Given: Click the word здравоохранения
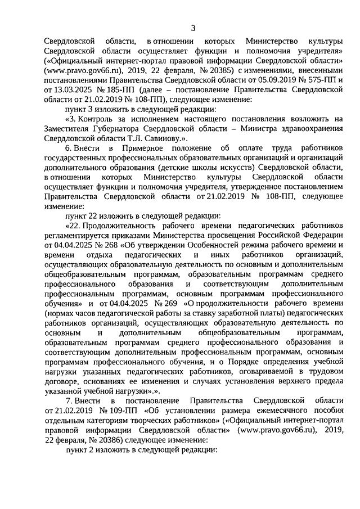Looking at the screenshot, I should tap(310, 128).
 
